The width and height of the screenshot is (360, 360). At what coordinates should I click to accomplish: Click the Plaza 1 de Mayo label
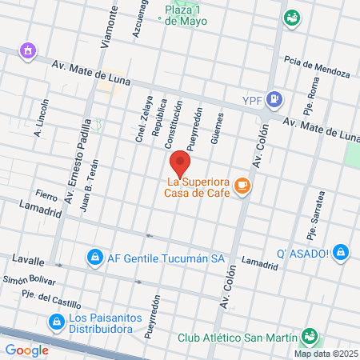pyautogui.click(x=186, y=15)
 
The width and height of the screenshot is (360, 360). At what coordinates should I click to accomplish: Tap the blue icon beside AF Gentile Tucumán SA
pyautogui.click(x=95, y=257)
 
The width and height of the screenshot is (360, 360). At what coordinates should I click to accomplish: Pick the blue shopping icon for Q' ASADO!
pyautogui.click(x=342, y=253)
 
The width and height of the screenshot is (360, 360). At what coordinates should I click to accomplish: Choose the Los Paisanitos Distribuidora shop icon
pyautogui.click(x=56, y=322)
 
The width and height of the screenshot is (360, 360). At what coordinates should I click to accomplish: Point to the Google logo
pyautogui.click(x=26, y=350)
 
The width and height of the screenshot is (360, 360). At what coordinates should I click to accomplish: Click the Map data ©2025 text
pyautogui.click(x=325, y=354)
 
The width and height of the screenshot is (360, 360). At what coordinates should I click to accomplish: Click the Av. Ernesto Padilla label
pyautogui.click(x=78, y=160)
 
